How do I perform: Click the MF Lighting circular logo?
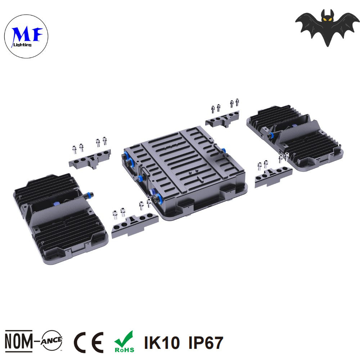26,36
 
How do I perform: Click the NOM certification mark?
19,341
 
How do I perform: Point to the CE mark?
89,342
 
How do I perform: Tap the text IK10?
162,343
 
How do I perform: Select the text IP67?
206,343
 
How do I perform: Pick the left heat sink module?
60,219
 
